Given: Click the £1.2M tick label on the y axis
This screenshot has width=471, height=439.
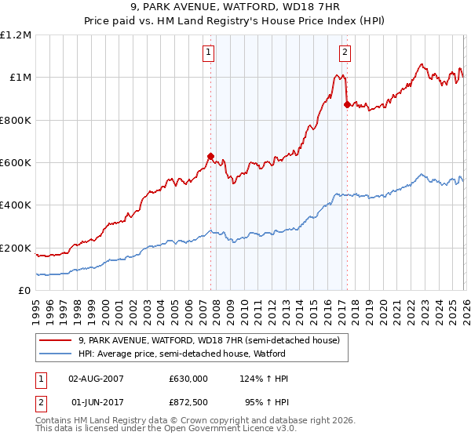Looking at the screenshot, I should pos(16,35).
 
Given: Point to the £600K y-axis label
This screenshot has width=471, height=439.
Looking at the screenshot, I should pos(16,163).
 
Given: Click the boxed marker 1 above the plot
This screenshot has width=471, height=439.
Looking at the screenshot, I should pos(209,53).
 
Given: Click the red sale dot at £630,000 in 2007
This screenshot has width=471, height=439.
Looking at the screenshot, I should pos(210,156).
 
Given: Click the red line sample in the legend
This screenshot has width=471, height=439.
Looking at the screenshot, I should pos(57,340).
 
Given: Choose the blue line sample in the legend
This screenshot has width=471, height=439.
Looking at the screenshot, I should pos(57,354).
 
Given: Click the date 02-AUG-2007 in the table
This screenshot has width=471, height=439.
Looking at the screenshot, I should pos(96,379).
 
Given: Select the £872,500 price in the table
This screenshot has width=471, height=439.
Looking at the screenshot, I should pos(188,401).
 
